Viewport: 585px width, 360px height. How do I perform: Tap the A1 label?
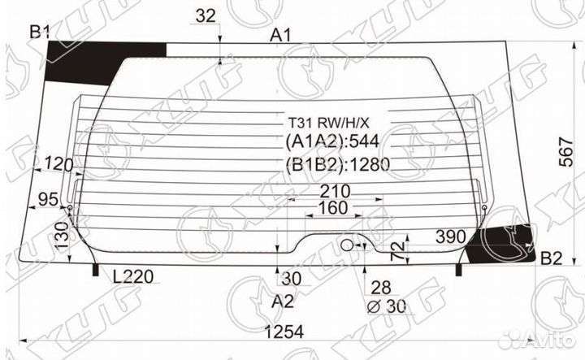(x=281, y=34)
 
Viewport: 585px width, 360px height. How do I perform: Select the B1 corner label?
(x=40, y=33)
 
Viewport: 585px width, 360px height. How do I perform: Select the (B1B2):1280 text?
(x=337, y=166)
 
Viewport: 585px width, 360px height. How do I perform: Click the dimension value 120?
(x=58, y=164)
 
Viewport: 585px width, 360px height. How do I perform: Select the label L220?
(x=133, y=276)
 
